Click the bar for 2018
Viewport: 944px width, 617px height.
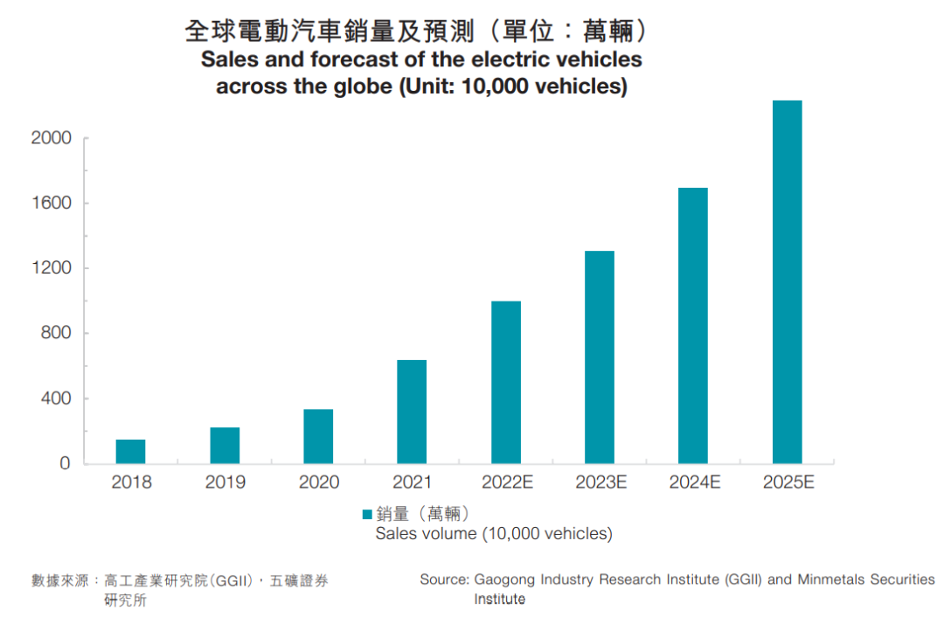click(131, 452)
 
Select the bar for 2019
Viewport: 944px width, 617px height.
click(225, 446)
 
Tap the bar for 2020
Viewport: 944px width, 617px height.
click(318, 436)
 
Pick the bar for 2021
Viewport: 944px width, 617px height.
click(412, 412)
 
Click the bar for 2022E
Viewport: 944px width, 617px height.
click(506, 383)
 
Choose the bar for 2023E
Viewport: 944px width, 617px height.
click(600, 357)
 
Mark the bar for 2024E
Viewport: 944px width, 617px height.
click(693, 326)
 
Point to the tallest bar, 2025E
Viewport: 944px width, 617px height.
click(787, 282)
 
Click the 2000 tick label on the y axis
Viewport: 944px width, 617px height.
click(51, 139)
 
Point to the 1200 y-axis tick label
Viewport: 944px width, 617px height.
click(51, 268)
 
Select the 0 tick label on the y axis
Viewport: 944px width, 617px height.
click(65, 464)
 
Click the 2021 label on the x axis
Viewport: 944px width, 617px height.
click(412, 482)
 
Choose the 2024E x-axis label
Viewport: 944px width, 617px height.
click(694, 482)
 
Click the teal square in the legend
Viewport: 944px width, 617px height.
click(367, 514)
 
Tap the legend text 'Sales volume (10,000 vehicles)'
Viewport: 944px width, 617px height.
click(494, 534)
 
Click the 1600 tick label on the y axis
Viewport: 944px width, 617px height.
click(51, 204)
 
